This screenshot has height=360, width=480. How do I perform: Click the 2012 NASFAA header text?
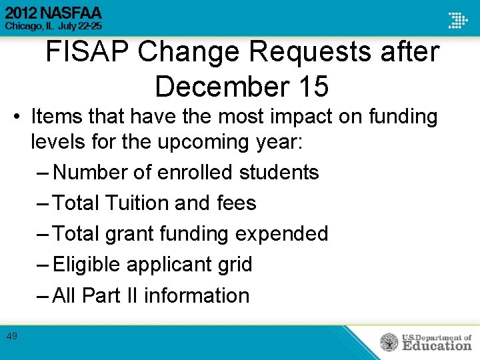click(x=54, y=11)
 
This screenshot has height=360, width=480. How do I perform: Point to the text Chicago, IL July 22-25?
click(x=54, y=27)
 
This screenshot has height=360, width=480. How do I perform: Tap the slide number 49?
click(x=12, y=337)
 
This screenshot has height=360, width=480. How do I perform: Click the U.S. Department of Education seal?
click(x=389, y=342)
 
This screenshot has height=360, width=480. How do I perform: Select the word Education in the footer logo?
click(x=436, y=346)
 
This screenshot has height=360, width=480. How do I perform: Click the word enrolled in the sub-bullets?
click(x=197, y=172)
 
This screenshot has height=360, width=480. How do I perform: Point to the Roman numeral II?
click(x=130, y=295)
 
